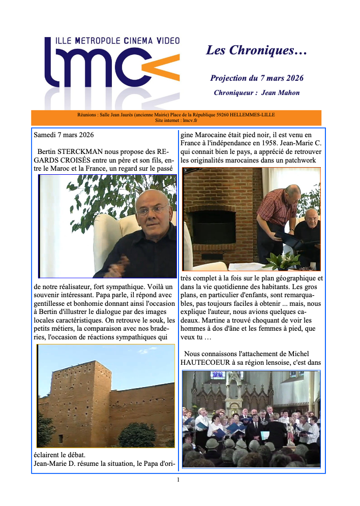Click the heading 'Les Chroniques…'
(x=256, y=50)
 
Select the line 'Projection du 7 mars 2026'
(x=257, y=78)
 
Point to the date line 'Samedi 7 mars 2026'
(x=64, y=135)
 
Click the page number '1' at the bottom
(x=178, y=479)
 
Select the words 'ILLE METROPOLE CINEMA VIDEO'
(x=111, y=41)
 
